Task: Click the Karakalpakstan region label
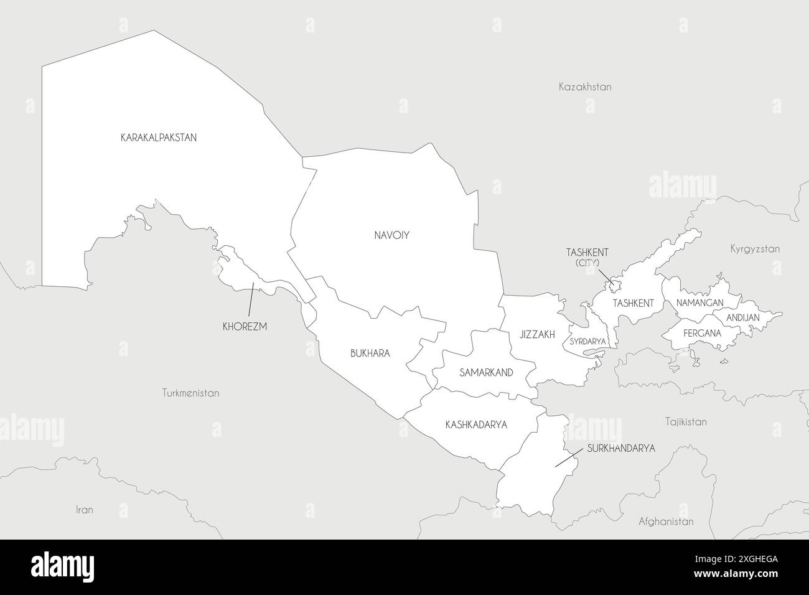pyautogui.click(x=158, y=138)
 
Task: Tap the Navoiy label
pyautogui.click(x=391, y=235)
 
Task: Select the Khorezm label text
pyautogui.click(x=245, y=326)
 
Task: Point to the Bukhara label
pyautogui.click(x=370, y=353)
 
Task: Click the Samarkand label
pyautogui.click(x=486, y=373)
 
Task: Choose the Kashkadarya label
pyautogui.click(x=476, y=425)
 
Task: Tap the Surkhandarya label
pyautogui.click(x=621, y=447)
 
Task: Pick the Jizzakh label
pyautogui.click(x=537, y=334)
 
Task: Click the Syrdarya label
pyautogui.click(x=587, y=342)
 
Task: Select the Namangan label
pyautogui.click(x=699, y=302)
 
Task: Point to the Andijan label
pyautogui.click(x=743, y=317)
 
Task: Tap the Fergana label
pyautogui.click(x=702, y=333)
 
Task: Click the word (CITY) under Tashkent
pyautogui.click(x=587, y=263)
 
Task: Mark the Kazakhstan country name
pyautogui.click(x=584, y=87)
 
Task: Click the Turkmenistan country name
pyautogui.click(x=190, y=393)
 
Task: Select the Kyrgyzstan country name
pyautogui.click(x=754, y=249)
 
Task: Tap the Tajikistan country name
pyautogui.click(x=685, y=421)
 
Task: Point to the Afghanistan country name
pyautogui.click(x=666, y=522)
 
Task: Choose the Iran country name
pyautogui.click(x=84, y=510)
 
